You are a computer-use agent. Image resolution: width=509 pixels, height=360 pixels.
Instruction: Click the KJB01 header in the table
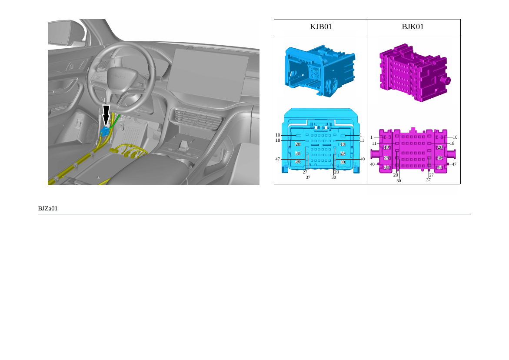pos(321,27)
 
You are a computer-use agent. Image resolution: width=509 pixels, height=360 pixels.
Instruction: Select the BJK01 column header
pos(413,27)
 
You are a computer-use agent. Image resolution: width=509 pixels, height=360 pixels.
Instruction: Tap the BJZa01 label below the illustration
pos(48,208)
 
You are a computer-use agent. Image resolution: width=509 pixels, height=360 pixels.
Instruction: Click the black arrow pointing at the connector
pos(106,116)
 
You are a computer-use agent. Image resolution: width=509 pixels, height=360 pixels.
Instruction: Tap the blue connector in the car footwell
pos(105,131)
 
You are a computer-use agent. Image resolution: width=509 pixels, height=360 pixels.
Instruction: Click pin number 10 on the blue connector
pos(278,135)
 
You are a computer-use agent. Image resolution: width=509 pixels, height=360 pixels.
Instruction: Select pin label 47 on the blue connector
pos(278,159)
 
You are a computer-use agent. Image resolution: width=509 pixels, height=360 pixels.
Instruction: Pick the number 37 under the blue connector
pos(308,177)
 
